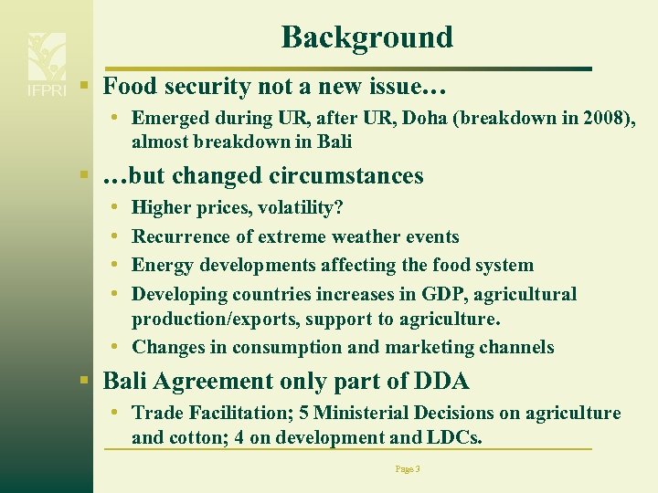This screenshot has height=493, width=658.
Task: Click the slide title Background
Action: (366, 37)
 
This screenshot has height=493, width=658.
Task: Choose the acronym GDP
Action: (443, 294)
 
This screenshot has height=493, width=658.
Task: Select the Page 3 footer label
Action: (408, 468)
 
